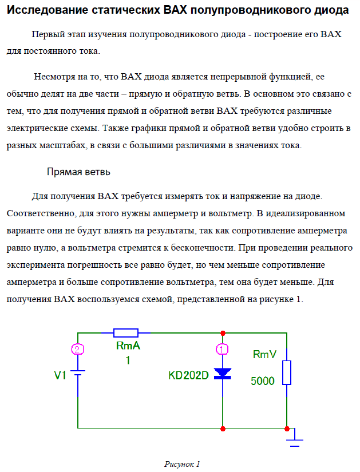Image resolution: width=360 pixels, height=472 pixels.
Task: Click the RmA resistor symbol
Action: [x=126, y=332]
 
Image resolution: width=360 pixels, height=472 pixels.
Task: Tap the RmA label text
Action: [x=128, y=347]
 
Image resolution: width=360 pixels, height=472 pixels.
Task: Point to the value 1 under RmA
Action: [x=128, y=360]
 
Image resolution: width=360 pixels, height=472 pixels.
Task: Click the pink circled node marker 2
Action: [x=78, y=349]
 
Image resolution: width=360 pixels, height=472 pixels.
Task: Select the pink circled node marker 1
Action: [x=223, y=348]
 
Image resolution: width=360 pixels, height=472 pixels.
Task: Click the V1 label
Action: [x=61, y=376]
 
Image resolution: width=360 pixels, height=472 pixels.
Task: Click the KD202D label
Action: [x=188, y=376]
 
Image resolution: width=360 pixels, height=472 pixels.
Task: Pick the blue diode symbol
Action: [x=223, y=374]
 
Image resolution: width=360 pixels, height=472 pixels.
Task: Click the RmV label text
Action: [x=264, y=355]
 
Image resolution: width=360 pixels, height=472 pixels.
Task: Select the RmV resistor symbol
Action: [x=286, y=372]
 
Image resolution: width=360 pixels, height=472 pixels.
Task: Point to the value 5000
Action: [x=263, y=381]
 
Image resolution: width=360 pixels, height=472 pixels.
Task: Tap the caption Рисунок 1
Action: [x=181, y=463]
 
